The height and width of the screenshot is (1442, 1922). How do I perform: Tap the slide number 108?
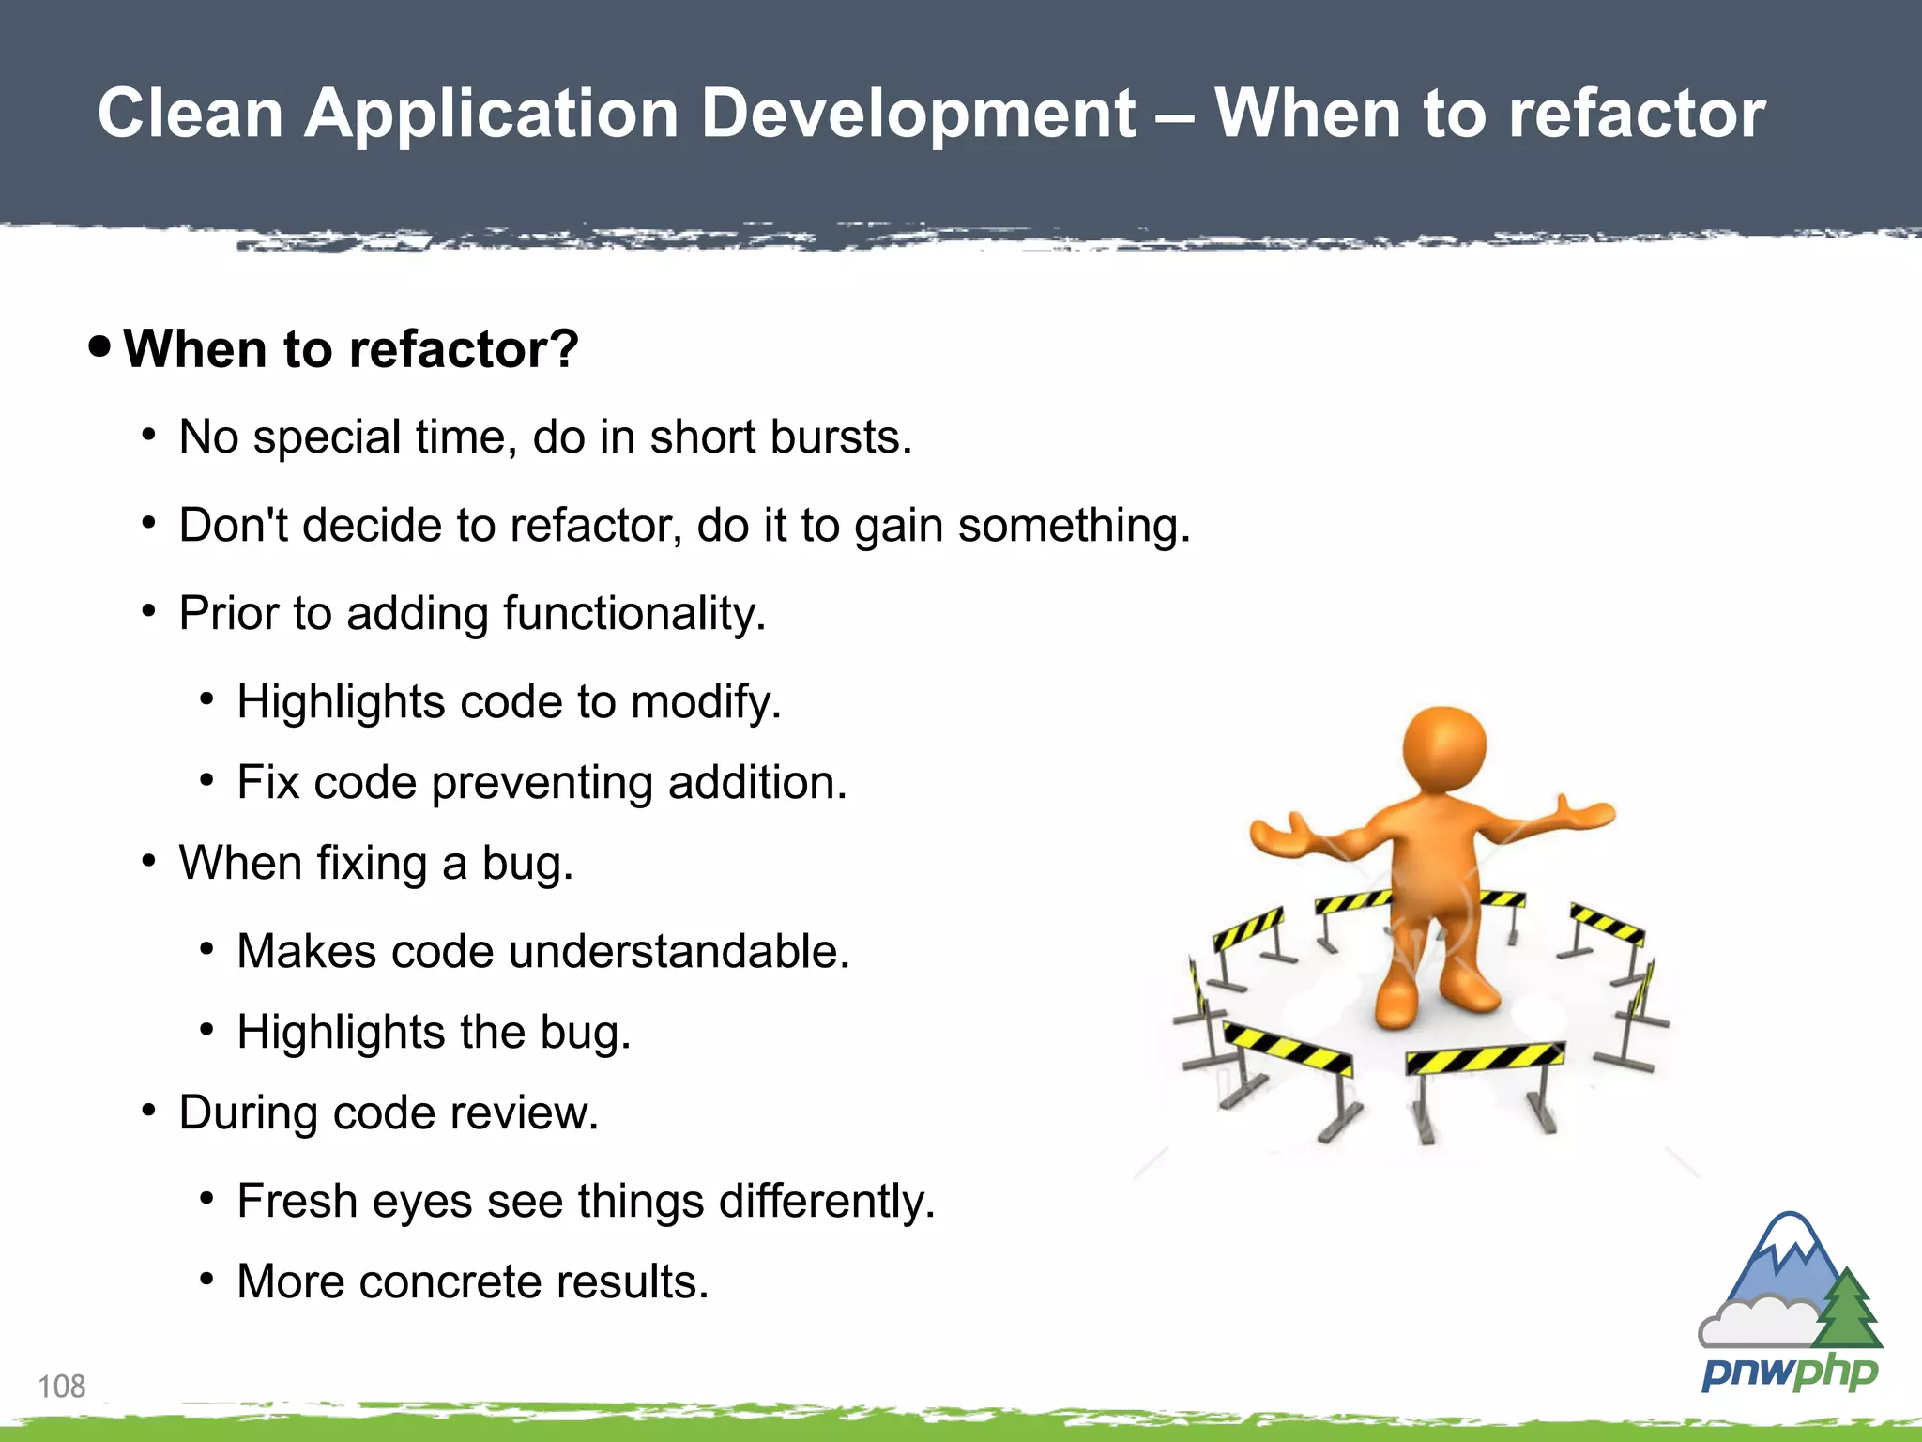tap(61, 1387)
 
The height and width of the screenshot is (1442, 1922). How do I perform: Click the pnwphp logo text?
tap(1789, 1373)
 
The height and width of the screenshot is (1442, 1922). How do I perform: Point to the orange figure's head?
tap(1443, 751)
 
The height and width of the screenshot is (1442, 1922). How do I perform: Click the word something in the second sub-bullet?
tap(1073, 526)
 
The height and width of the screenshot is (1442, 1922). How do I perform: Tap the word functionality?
tap(634, 614)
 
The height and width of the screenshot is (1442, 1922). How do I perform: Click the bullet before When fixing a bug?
tap(148, 861)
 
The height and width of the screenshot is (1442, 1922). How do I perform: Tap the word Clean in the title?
tap(191, 115)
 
